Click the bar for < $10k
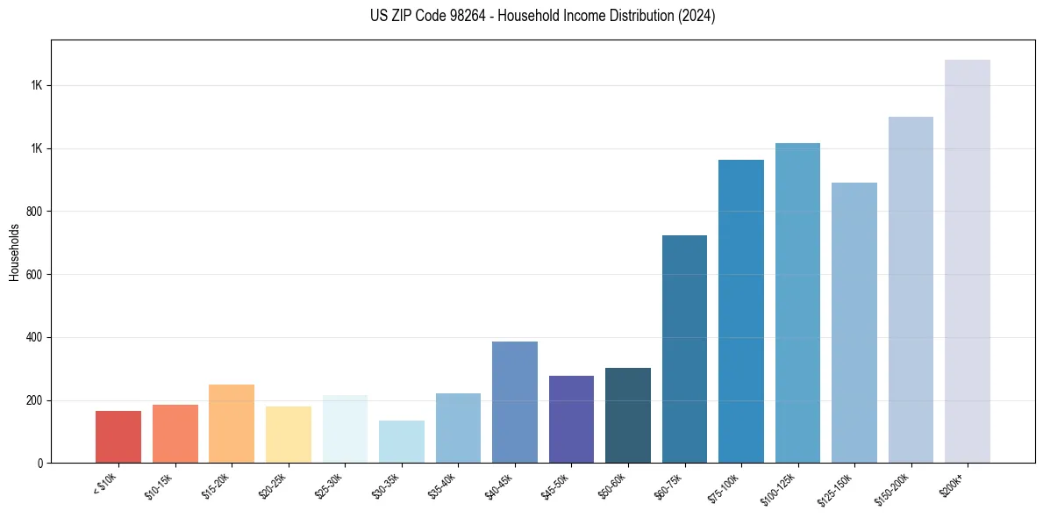coord(118,436)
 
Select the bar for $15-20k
coord(231,423)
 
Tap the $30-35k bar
coord(401,442)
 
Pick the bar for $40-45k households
coord(514,402)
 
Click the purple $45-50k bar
coord(571,419)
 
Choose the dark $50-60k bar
coord(627,415)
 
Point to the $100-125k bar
coord(797,303)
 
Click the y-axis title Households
coord(14,251)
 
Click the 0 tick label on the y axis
coord(39,464)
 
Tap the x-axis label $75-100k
coord(724,486)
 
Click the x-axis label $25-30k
coord(329,486)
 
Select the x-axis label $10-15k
coord(160,486)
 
